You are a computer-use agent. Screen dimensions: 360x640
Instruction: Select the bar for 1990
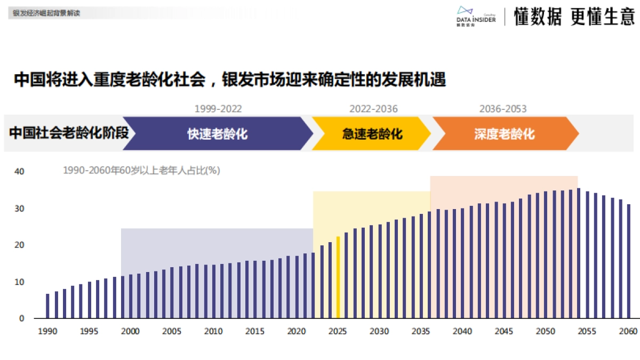point(47,306)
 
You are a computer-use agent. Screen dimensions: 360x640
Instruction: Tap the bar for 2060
point(629,261)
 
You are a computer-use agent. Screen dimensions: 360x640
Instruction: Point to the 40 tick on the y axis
point(19,172)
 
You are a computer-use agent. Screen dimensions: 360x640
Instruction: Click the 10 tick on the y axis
point(19,282)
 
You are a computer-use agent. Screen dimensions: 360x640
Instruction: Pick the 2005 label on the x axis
point(172,331)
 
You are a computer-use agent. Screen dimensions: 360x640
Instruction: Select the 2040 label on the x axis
point(462,331)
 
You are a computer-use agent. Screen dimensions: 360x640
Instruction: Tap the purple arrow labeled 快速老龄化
point(218,133)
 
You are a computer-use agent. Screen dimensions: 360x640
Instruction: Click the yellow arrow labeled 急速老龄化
point(372,133)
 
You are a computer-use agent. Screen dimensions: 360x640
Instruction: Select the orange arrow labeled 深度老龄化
point(505,133)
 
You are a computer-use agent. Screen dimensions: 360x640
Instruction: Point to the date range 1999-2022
point(218,109)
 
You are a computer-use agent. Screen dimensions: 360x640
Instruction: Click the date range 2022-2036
point(373,109)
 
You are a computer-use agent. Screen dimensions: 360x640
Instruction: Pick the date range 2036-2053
point(502,109)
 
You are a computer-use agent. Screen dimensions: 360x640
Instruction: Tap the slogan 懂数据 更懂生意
point(574,17)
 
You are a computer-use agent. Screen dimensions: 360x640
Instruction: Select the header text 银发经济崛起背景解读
point(46,13)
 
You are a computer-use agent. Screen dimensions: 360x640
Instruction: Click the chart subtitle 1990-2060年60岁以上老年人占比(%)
point(141,171)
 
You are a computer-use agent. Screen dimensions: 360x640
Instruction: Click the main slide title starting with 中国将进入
point(230,80)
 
